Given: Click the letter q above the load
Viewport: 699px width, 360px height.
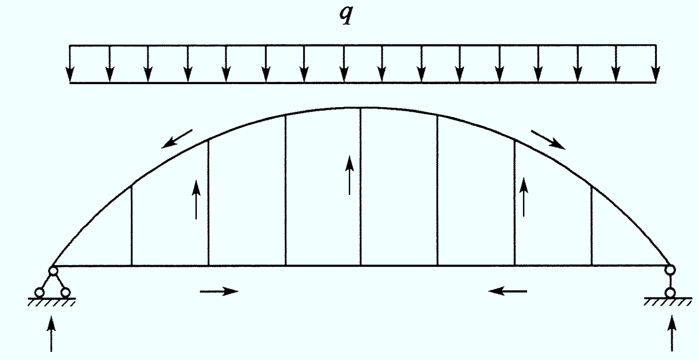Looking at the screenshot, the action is pyautogui.click(x=347, y=15).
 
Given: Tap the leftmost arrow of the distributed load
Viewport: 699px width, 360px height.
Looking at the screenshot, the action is pyautogui.click(x=70, y=64).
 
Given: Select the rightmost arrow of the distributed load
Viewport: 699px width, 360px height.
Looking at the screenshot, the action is pyautogui.click(x=656, y=64).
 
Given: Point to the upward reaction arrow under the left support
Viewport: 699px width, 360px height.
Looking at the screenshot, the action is pyautogui.click(x=51, y=334).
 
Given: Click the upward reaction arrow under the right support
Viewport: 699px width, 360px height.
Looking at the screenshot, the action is pyautogui.click(x=672, y=333).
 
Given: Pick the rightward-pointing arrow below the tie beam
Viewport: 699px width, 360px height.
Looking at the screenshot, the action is pyautogui.click(x=219, y=291).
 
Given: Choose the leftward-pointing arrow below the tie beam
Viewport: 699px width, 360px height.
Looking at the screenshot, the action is pyautogui.click(x=508, y=291).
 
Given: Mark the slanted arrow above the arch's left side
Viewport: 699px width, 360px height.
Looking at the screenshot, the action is pyautogui.click(x=176, y=139).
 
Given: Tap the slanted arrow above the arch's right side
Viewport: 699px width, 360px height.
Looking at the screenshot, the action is pyautogui.click(x=548, y=140).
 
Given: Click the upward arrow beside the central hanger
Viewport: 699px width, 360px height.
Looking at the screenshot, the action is pyautogui.click(x=349, y=175).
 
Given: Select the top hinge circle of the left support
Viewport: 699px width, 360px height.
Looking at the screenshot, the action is pyautogui.click(x=53, y=271).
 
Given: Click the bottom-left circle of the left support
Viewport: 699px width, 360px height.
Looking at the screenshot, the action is pyautogui.click(x=39, y=293).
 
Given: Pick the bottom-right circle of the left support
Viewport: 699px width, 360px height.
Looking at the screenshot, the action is pyautogui.click(x=66, y=293).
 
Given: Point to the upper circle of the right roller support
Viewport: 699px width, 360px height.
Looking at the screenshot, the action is pyautogui.click(x=670, y=270).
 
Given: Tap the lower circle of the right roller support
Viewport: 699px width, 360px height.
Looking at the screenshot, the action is pyautogui.click(x=670, y=293).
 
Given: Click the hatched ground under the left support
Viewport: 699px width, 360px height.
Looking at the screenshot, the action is pyautogui.click(x=52, y=302).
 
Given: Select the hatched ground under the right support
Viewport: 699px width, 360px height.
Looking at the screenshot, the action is pyautogui.click(x=668, y=302).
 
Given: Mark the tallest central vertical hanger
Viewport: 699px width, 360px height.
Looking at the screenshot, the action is pyautogui.click(x=361, y=186).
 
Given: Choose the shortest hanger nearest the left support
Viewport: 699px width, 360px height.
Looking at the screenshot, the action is pyautogui.click(x=132, y=226).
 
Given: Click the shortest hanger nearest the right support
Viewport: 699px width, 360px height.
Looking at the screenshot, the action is pyautogui.click(x=592, y=226).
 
